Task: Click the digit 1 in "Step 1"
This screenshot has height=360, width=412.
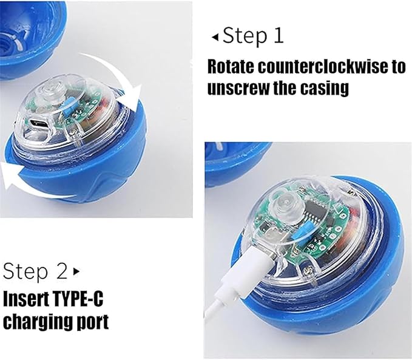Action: click(279, 36)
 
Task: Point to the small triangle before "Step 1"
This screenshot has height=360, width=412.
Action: click(215, 38)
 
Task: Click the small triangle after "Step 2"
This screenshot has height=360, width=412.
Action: click(76, 271)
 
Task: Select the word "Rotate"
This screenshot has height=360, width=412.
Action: click(231, 67)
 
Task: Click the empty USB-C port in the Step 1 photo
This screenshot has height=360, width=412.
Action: click(39, 123)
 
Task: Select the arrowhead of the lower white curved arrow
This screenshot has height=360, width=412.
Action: click(11, 175)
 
